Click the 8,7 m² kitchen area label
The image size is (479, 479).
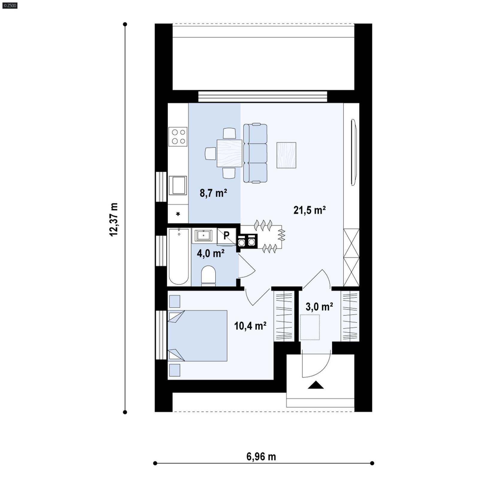point(213,193)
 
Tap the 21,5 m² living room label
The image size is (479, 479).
point(309,210)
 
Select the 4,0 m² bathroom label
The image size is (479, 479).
point(210,254)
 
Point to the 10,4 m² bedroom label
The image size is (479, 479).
point(250,326)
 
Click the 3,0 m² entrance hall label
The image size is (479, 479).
point(319,307)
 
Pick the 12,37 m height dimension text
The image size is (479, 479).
point(114,219)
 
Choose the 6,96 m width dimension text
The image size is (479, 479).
point(261,457)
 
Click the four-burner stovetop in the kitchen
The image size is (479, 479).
point(178,137)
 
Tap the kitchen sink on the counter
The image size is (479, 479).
point(178,185)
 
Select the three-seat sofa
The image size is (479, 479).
point(255,153)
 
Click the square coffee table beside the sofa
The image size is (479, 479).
point(286,155)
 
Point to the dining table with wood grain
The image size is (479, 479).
point(229,153)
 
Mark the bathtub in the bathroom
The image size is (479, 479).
point(179,256)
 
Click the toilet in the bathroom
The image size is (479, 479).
point(208,275)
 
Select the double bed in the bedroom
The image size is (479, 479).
point(198,336)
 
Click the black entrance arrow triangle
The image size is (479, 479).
point(316,385)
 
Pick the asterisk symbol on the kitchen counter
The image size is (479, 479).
point(178,214)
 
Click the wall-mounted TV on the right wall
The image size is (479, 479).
point(354,152)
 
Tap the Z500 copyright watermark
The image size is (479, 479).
point(10,5)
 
